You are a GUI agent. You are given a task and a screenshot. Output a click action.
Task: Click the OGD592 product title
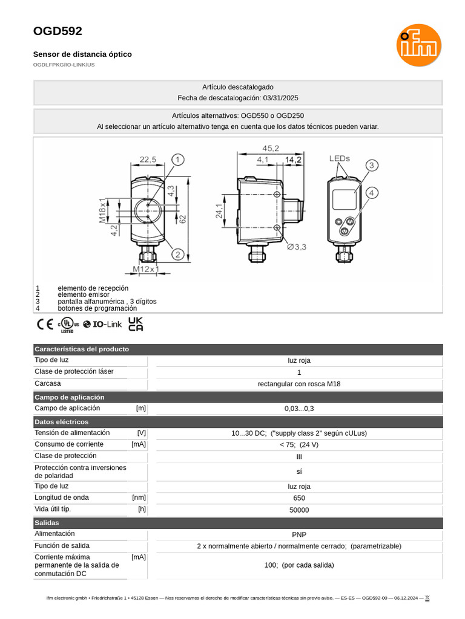[x=58, y=31]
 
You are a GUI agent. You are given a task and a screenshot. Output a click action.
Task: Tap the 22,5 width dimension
[x=148, y=160]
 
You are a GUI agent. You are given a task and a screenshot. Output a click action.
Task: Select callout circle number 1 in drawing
[x=177, y=160]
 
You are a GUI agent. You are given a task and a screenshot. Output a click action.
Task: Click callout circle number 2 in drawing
[x=177, y=254]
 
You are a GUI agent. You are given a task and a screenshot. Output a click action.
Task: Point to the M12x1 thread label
[x=146, y=269]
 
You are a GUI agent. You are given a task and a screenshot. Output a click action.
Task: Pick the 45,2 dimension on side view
[x=270, y=148]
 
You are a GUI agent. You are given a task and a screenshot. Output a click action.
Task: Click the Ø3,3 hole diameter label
[x=297, y=247]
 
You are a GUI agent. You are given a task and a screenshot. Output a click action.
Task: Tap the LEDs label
[x=340, y=158]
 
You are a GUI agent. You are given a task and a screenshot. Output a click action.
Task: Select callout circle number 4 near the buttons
[x=372, y=193]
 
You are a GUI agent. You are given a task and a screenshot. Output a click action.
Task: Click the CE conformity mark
[x=45, y=325]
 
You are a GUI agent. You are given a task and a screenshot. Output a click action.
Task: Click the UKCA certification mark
[x=136, y=325]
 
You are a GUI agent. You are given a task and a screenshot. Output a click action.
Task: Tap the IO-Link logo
[x=102, y=325]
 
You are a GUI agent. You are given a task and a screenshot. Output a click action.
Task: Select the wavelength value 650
[x=299, y=498]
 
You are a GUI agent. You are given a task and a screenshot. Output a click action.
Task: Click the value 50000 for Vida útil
[x=299, y=510]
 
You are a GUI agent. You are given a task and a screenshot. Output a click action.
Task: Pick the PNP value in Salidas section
[x=299, y=535]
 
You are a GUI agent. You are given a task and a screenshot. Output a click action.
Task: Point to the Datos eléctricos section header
[x=62, y=422]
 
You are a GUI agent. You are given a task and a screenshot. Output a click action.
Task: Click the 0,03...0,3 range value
[x=299, y=409]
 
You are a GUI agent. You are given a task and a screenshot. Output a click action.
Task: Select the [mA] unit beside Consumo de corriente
[x=139, y=444]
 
